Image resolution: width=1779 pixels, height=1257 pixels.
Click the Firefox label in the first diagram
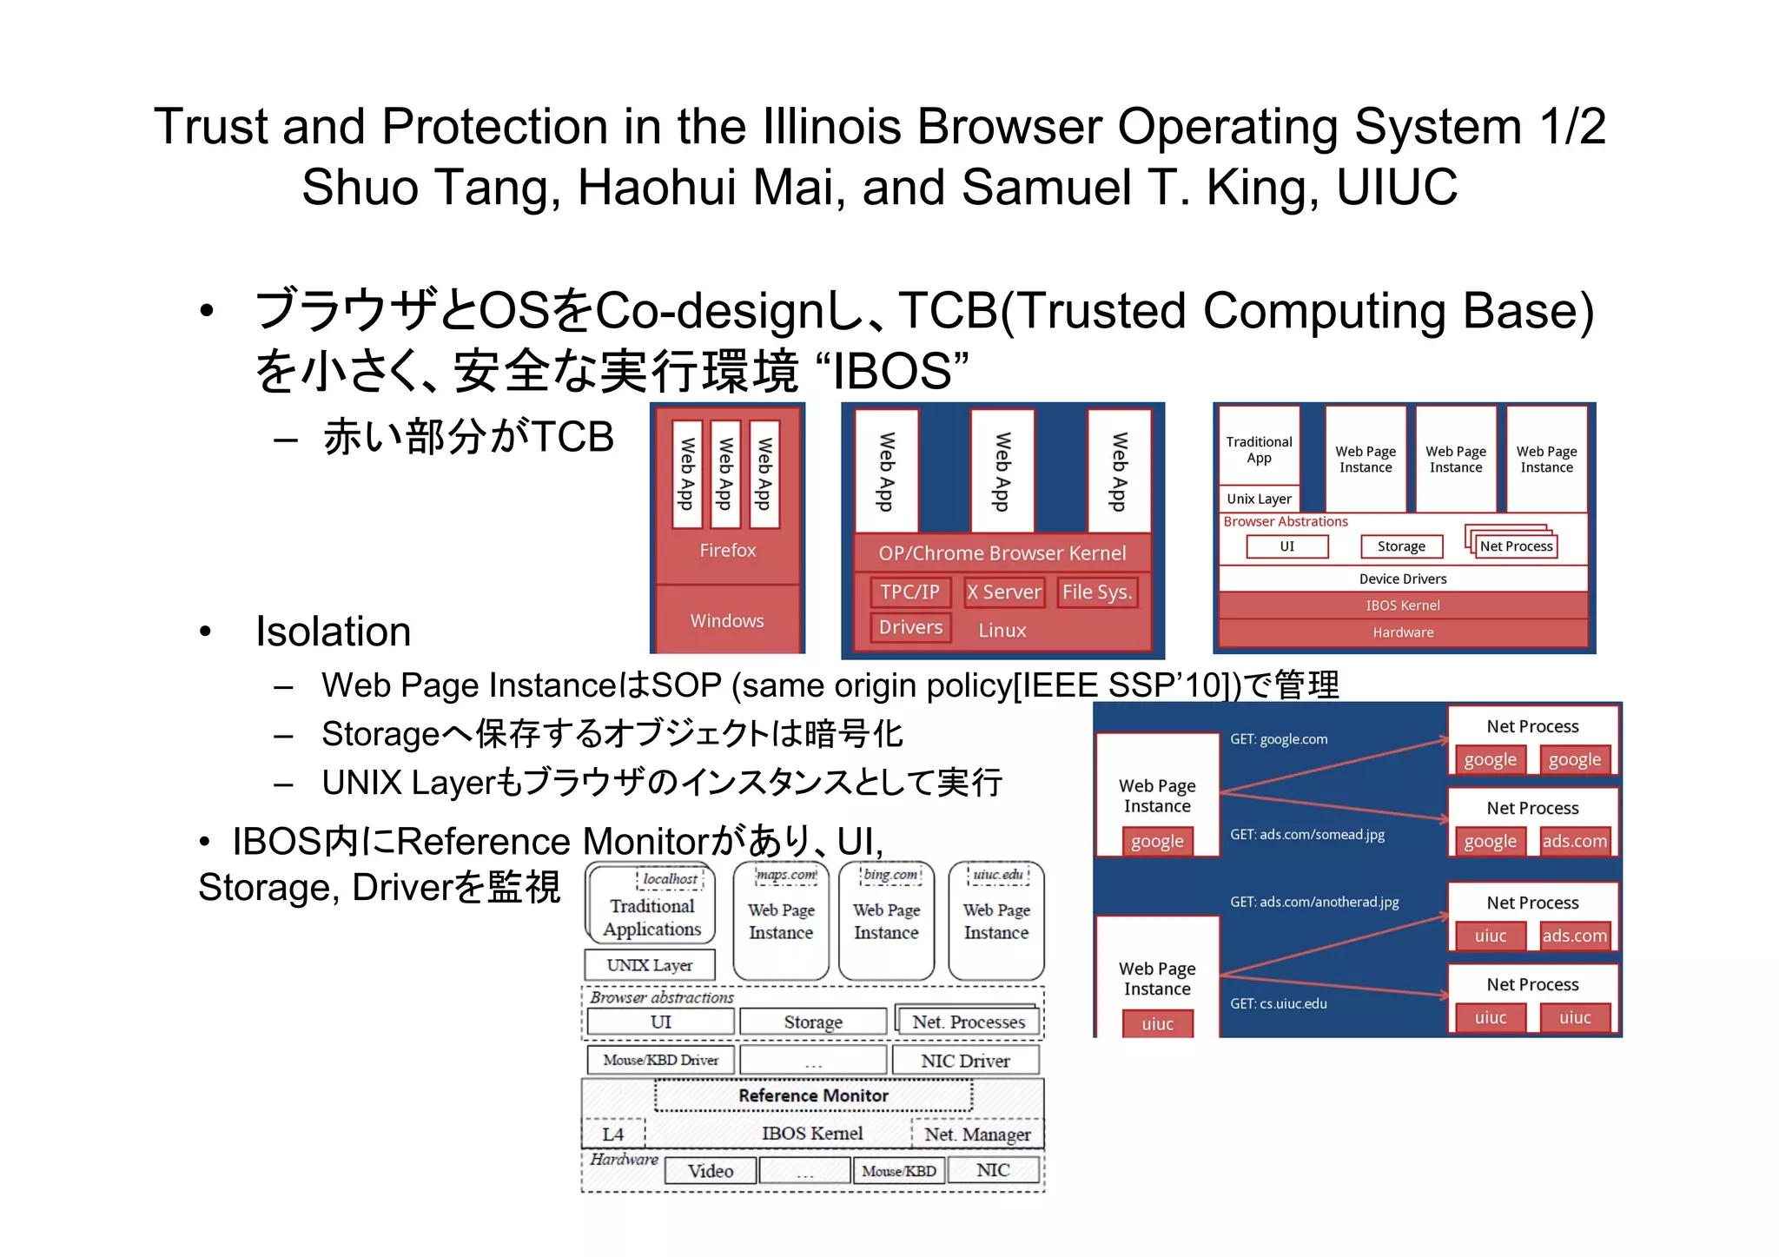point(727,550)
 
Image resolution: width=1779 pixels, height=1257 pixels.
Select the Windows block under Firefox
point(727,620)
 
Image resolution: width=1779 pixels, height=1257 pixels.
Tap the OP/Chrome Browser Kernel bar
point(1002,553)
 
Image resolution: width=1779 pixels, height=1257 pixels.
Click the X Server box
point(1003,592)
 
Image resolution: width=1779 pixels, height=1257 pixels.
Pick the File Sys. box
point(1096,592)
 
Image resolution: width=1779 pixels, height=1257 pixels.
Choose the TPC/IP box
point(909,592)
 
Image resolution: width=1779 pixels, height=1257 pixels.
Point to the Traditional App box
point(1259,450)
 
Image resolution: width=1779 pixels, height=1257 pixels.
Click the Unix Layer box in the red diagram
point(1259,499)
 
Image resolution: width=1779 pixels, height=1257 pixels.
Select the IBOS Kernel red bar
point(1402,605)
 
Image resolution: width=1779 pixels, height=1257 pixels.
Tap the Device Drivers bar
point(1402,579)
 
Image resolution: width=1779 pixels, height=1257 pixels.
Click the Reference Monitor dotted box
point(813,1095)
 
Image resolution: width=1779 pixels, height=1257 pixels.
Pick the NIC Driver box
point(965,1061)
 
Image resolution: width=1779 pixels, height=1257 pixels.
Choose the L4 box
point(613,1134)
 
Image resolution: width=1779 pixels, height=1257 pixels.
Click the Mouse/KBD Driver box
point(660,1060)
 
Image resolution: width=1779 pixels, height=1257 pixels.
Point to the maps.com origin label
point(786,875)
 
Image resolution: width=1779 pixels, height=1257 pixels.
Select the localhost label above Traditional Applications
point(670,879)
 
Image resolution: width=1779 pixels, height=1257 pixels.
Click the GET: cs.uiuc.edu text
point(1278,1003)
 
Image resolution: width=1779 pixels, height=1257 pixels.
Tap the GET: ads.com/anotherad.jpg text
point(1313,902)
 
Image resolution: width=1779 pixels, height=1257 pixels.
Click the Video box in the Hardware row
point(710,1171)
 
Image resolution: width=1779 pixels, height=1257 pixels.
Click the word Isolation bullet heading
point(333,632)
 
